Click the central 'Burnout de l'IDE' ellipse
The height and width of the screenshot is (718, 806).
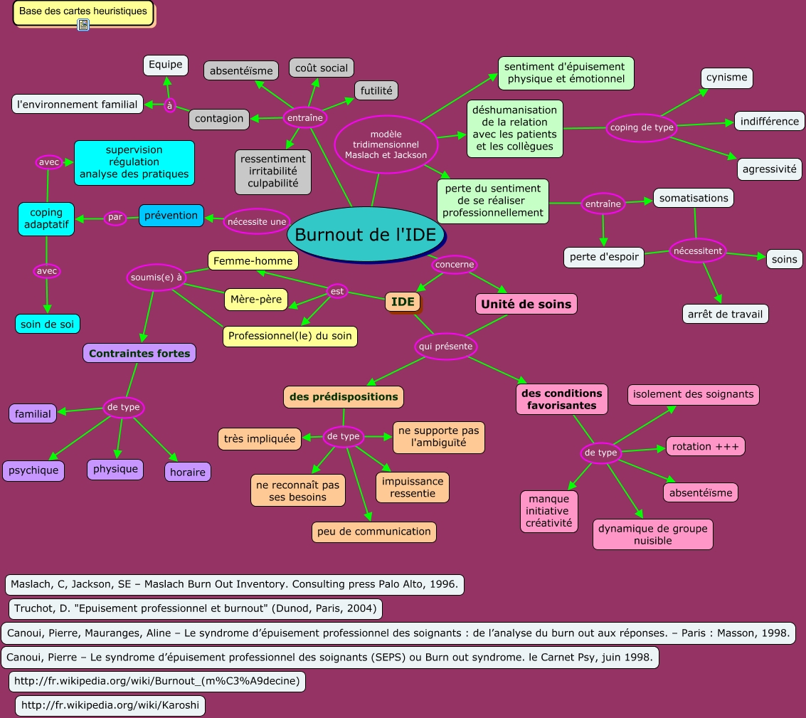point(366,235)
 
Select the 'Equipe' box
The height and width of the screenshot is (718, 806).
point(166,65)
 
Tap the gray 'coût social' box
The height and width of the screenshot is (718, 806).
point(322,68)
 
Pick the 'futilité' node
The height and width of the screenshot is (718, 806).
point(376,90)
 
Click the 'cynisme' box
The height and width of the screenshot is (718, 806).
point(726,78)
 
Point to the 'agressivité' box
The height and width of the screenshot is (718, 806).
point(769,169)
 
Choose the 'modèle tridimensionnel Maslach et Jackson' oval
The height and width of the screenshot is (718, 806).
point(386,144)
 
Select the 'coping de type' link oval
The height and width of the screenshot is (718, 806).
point(641,127)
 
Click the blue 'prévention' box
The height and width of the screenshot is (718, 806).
point(171,216)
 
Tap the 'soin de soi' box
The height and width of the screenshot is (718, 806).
point(48,324)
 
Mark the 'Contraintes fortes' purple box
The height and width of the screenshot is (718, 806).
point(139,353)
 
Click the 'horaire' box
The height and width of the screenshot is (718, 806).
point(188,472)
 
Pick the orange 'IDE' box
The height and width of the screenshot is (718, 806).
point(403,302)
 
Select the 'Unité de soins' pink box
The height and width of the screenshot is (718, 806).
point(526,304)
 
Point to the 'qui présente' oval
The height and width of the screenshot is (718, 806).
point(445,347)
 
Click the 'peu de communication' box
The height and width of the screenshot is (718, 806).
point(373,532)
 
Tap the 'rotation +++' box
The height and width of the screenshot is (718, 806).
point(706,446)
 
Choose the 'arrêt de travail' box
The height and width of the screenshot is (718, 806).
point(725,314)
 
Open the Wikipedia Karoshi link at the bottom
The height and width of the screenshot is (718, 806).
point(111,706)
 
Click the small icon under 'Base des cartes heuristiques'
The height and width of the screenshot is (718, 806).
point(83,25)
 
